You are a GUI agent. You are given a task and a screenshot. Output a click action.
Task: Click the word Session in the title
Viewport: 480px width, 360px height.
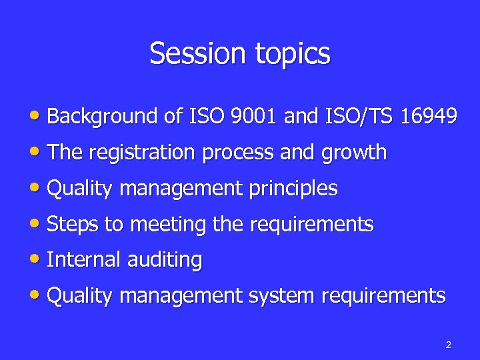tap(193, 53)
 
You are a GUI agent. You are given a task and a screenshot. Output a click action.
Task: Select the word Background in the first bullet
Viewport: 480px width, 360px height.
tap(103, 117)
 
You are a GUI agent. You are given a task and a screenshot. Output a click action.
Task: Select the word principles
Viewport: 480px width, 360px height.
tap(293, 189)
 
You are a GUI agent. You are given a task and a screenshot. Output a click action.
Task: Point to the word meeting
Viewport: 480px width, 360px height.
tap(168, 225)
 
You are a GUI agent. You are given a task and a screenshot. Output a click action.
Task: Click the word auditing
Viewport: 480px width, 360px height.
tap(164, 261)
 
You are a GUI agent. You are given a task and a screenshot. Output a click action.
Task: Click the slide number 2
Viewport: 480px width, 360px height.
tap(448, 345)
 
